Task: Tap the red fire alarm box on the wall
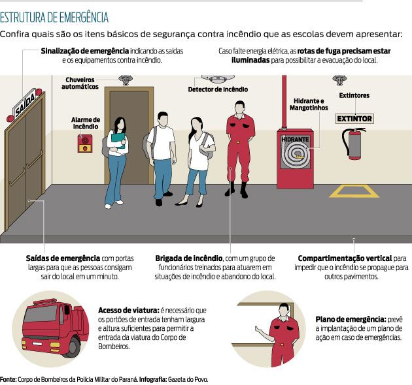(85, 144)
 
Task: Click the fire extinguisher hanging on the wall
(353, 144)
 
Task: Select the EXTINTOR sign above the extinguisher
(354, 119)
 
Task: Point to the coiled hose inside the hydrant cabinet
(296, 155)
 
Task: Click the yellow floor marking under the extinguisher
(354, 191)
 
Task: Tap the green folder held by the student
(118, 140)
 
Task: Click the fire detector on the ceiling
(218, 79)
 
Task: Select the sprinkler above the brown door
(126, 80)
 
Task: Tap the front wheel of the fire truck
(73, 347)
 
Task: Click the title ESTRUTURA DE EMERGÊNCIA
(54, 18)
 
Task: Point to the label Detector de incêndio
(218, 89)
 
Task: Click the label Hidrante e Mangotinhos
(309, 104)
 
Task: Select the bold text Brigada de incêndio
(188, 258)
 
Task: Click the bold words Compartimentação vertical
(345, 258)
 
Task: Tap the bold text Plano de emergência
(351, 320)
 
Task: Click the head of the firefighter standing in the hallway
(240, 107)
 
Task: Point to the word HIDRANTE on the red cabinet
(295, 139)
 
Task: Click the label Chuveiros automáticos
(80, 83)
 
